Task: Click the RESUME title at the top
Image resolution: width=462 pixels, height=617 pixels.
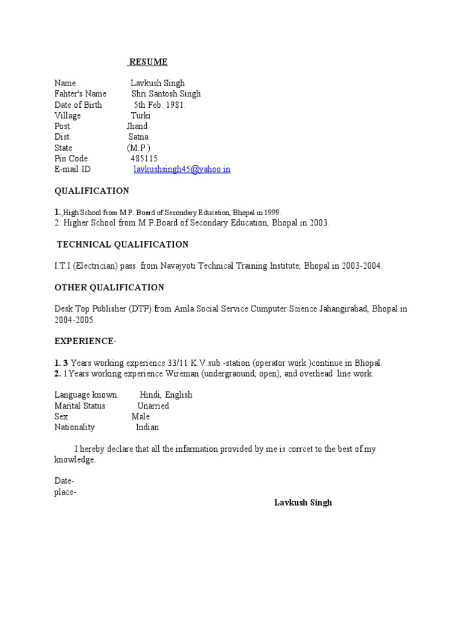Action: [149, 62]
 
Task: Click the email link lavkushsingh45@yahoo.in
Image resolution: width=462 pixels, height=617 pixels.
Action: [182, 169]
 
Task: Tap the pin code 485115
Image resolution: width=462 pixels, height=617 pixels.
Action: [144, 158]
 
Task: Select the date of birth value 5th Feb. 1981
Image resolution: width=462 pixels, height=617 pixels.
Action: [159, 104]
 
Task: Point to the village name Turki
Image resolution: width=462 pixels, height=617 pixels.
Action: [141, 115]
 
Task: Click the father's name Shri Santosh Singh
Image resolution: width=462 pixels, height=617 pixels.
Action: [166, 93]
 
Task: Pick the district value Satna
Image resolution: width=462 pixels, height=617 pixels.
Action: [138, 137]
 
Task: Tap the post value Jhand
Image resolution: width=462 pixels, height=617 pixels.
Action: [137, 126]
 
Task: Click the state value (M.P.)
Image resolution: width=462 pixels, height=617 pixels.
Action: [138, 148]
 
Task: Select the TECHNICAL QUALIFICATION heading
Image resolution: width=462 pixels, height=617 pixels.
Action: [122, 245]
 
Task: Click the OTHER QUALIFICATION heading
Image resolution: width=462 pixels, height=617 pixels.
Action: [109, 287]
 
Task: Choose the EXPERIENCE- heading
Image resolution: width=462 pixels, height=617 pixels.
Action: [85, 341]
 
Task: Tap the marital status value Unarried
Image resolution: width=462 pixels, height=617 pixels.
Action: [153, 406]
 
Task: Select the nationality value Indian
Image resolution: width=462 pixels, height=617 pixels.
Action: [147, 427]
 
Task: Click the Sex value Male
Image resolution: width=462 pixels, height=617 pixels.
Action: [141, 416]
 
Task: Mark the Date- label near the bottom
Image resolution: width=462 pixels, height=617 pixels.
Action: [64, 481]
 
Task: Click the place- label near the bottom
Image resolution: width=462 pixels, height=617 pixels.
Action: [66, 492]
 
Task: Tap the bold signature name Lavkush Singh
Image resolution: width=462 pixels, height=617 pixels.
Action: [303, 502]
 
